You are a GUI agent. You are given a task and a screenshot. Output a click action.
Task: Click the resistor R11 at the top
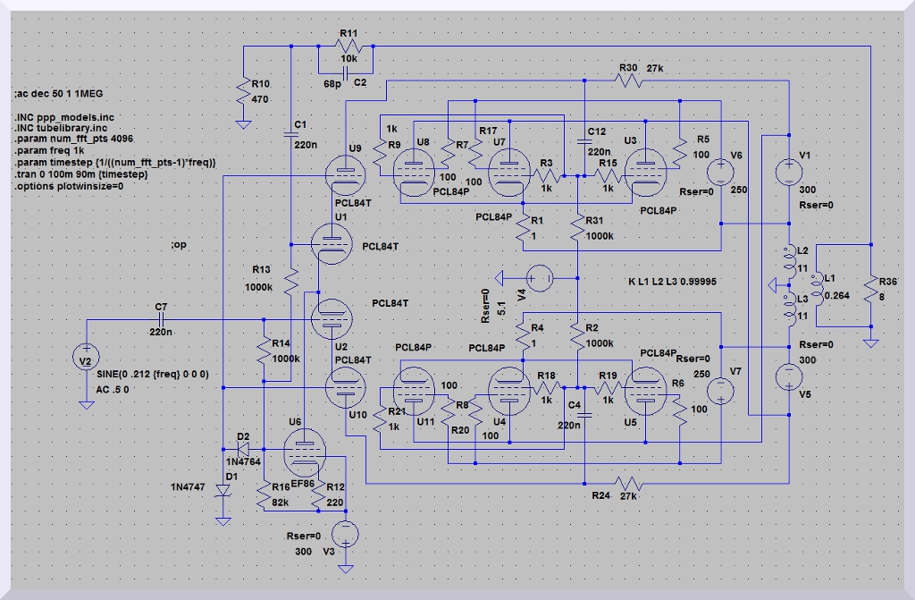(346, 46)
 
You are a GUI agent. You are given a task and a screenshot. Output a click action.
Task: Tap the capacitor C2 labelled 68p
(346, 70)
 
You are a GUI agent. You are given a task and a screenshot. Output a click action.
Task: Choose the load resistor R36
(869, 288)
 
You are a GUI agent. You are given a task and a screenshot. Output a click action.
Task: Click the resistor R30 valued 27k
(629, 80)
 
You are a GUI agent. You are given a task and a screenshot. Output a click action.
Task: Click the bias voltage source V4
(540, 279)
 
